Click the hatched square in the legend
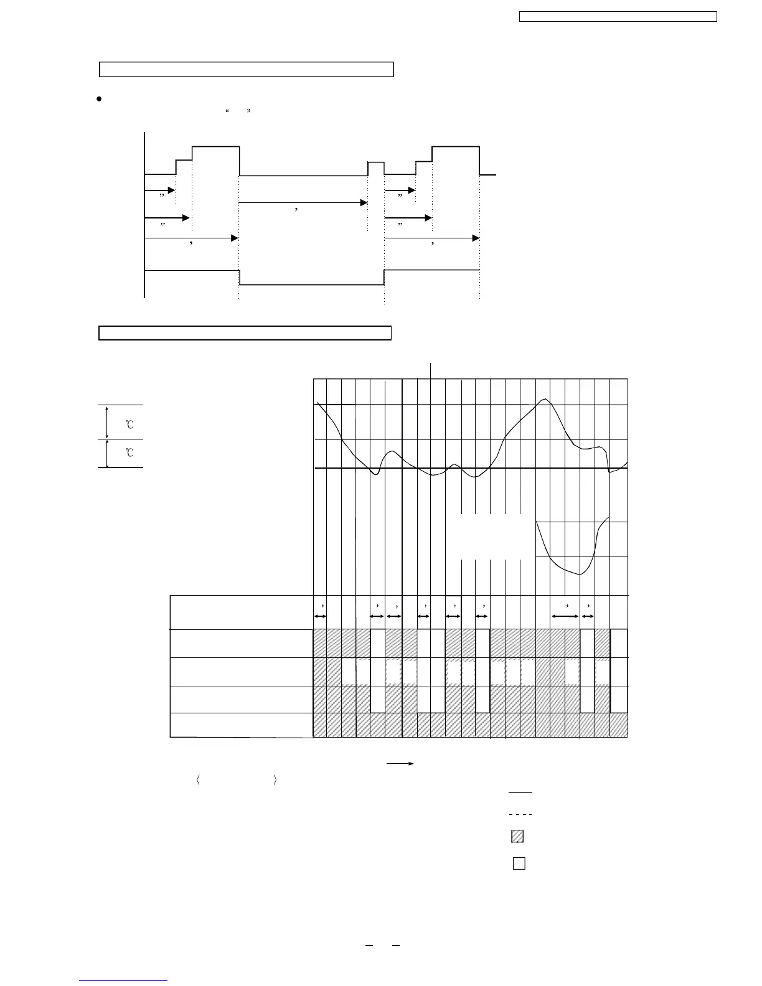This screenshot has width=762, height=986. click(517, 837)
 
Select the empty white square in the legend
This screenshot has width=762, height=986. click(519, 863)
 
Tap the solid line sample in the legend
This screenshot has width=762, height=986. click(520, 792)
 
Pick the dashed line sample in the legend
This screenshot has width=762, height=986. click(520, 814)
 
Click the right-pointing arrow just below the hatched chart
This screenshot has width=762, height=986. click(400, 763)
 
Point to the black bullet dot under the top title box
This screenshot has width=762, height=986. click(98, 100)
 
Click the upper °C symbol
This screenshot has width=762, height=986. click(129, 425)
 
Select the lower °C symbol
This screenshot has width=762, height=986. click(129, 453)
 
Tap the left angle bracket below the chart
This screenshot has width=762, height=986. click(197, 780)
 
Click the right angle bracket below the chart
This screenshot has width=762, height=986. click(275, 780)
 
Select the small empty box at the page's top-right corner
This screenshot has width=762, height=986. click(618, 16)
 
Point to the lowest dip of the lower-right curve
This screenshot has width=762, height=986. click(578, 574)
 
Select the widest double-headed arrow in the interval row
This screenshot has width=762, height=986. click(565, 616)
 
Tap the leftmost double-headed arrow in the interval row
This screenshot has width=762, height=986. click(320, 616)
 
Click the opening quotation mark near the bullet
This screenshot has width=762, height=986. click(227, 111)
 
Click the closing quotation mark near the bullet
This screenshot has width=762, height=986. click(248, 111)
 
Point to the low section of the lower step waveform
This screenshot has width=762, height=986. click(311, 284)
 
